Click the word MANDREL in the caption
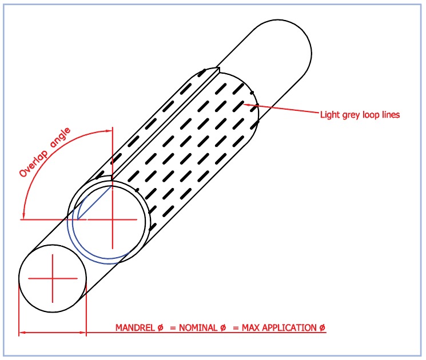tap(135, 327)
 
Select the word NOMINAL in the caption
tap(198, 327)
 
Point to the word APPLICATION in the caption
tap(289, 327)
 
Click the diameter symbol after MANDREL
tap(160, 327)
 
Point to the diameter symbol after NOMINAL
tap(223, 327)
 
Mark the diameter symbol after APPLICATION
tap(323, 327)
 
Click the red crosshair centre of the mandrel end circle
tap(53, 278)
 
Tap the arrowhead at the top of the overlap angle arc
tap(109, 131)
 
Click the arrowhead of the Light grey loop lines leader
tap(246, 104)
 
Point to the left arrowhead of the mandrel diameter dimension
tap(22, 333)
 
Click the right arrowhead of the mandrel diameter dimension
tap(82, 333)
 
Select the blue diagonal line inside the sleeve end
tap(95, 202)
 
